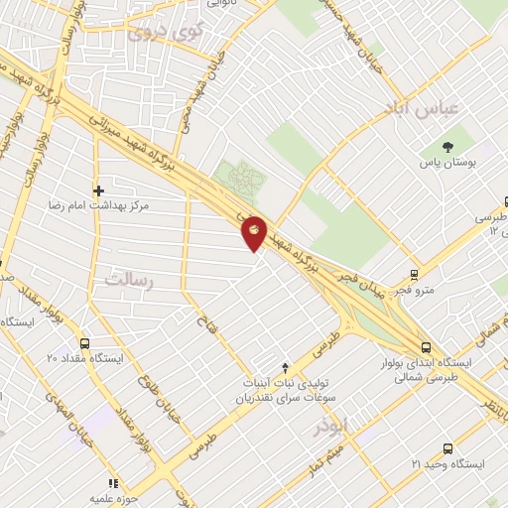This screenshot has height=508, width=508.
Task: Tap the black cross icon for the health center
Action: click(x=98, y=190)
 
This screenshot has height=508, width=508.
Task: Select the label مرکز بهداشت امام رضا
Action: click(x=98, y=205)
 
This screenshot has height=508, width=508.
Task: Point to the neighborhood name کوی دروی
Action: click(x=164, y=33)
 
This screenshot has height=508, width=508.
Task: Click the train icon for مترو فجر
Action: click(x=414, y=275)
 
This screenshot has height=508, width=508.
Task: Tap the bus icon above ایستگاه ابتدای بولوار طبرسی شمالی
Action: click(x=427, y=347)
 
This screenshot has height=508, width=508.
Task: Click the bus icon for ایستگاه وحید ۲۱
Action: click(x=447, y=448)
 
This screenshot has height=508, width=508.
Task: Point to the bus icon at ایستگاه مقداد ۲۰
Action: click(x=84, y=342)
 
